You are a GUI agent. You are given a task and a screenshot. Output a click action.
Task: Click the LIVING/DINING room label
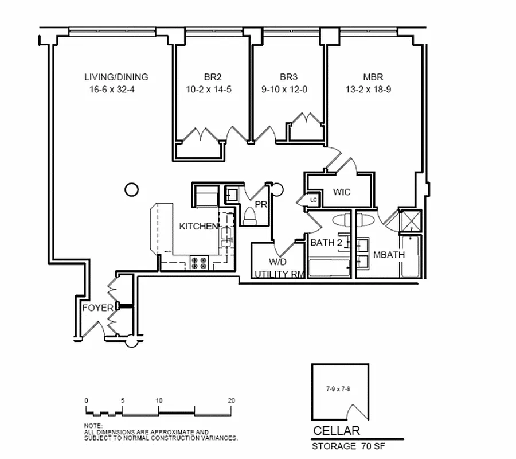coord(116,77)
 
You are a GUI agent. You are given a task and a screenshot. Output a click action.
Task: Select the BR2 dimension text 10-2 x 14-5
coord(209,90)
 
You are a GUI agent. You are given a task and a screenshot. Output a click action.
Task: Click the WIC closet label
coord(342,192)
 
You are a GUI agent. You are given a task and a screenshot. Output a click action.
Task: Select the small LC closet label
coord(313,199)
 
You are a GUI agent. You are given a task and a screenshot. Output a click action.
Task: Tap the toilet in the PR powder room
coord(251,216)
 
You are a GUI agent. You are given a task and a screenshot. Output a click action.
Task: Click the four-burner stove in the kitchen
coord(200,263)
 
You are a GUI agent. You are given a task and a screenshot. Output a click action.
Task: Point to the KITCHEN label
coord(198,227)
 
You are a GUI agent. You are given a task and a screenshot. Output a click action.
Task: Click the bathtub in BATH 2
coord(329,268)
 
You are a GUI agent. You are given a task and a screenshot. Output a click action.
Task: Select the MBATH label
coord(389,255)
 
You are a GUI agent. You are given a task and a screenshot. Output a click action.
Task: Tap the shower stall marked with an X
coord(410,221)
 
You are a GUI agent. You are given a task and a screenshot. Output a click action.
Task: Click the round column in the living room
coord(131,189)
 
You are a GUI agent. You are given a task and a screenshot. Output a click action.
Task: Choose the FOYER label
coord(97,308)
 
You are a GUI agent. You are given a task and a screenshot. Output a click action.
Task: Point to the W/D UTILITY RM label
coord(279,269)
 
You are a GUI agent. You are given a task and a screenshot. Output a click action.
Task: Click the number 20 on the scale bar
coord(231,400)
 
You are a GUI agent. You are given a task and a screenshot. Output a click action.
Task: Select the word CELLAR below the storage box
coord(336,431)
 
